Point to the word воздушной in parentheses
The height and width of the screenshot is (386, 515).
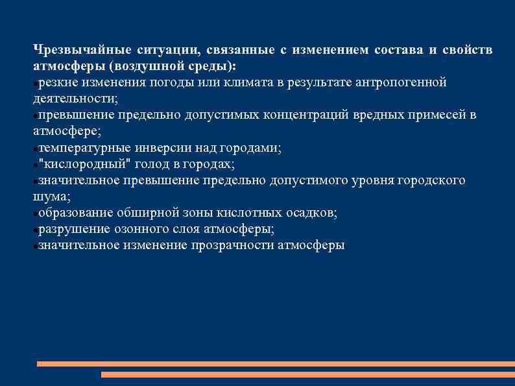pos(150,67)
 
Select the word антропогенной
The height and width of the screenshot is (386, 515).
pos(400,83)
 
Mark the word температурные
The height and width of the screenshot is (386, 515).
pos(81,148)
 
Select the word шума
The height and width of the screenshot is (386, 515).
pos(50,197)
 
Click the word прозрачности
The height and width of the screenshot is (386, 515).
pos(233,245)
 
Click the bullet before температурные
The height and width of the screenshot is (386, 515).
pos(35,149)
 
